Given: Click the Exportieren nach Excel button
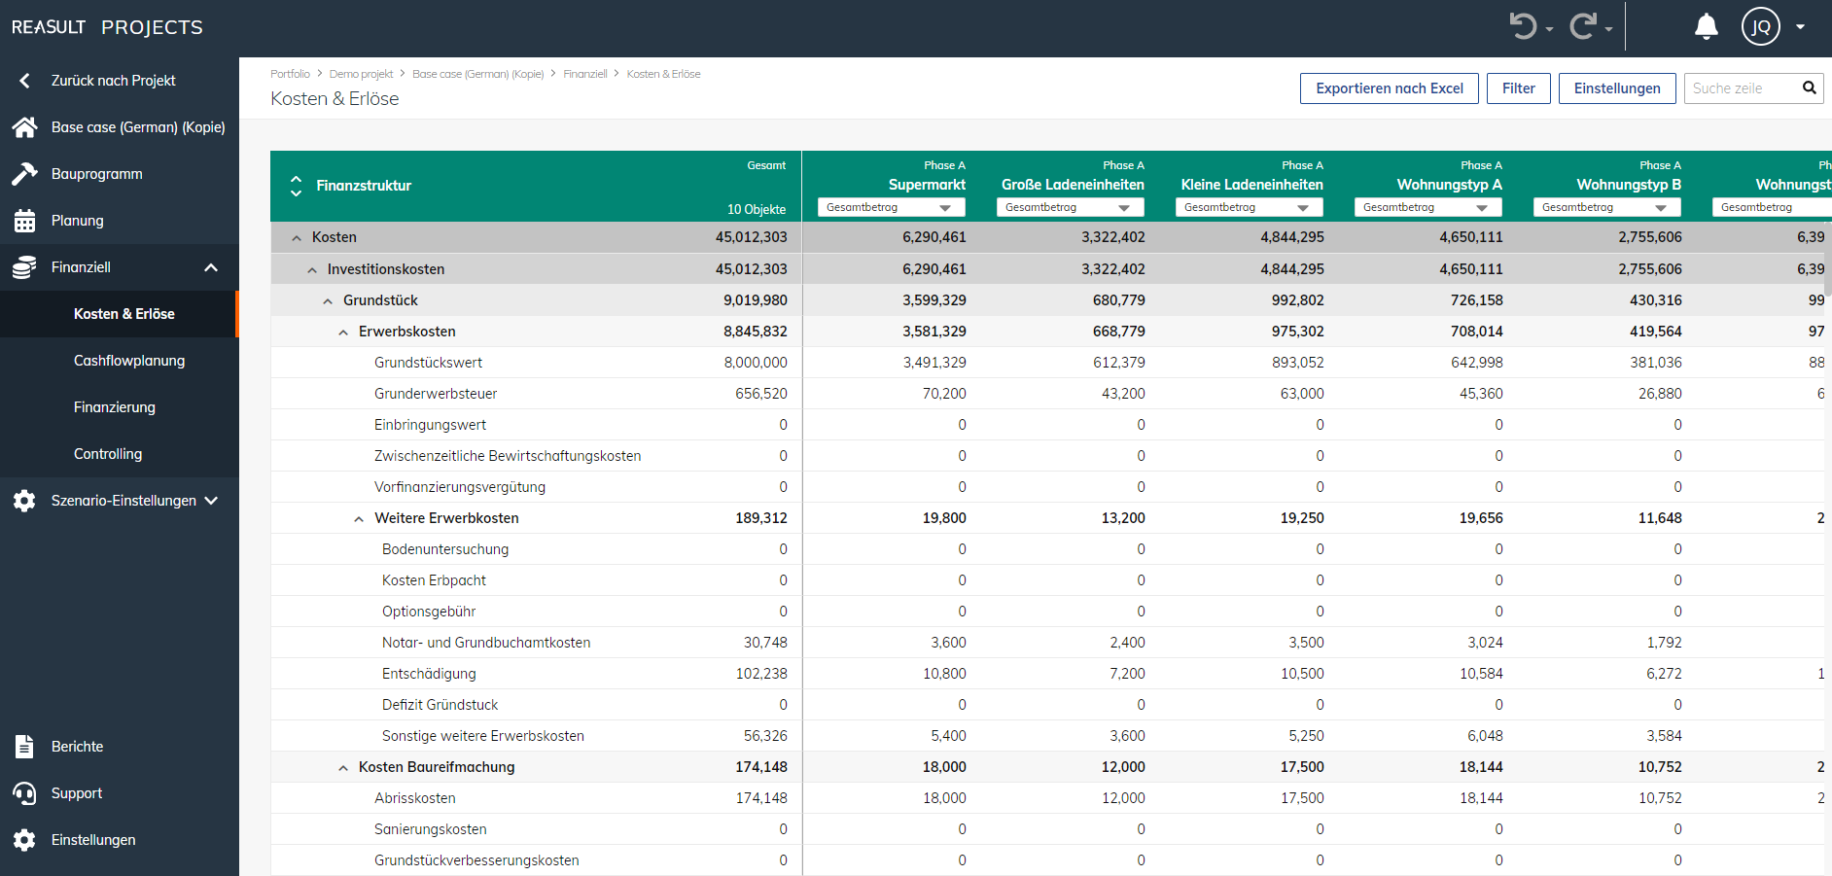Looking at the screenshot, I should tap(1389, 88).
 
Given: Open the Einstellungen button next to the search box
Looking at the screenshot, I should tap(1616, 88).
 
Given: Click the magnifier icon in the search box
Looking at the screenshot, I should tap(1809, 88).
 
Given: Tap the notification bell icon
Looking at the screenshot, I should tap(1706, 26).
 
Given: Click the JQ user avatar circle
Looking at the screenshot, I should tap(1760, 26).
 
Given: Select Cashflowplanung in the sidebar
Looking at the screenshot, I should tap(129, 361).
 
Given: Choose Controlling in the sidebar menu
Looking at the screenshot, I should tap(108, 454).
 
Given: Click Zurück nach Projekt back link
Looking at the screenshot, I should tap(113, 81).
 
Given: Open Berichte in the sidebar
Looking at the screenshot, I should tap(77, 747).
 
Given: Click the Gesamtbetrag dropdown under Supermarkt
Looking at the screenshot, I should tap(891, 207).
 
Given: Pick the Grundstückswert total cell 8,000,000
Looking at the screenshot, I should tap(756, 363).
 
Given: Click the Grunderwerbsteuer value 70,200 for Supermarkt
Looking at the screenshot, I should tap(944, 394).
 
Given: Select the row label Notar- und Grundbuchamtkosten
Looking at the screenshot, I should tap(486, 643).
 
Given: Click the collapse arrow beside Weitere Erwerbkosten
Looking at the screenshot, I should tap(359, 519).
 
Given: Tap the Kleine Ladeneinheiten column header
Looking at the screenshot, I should tap(1251, 185).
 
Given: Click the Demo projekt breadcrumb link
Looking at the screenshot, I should tap(361, 74).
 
